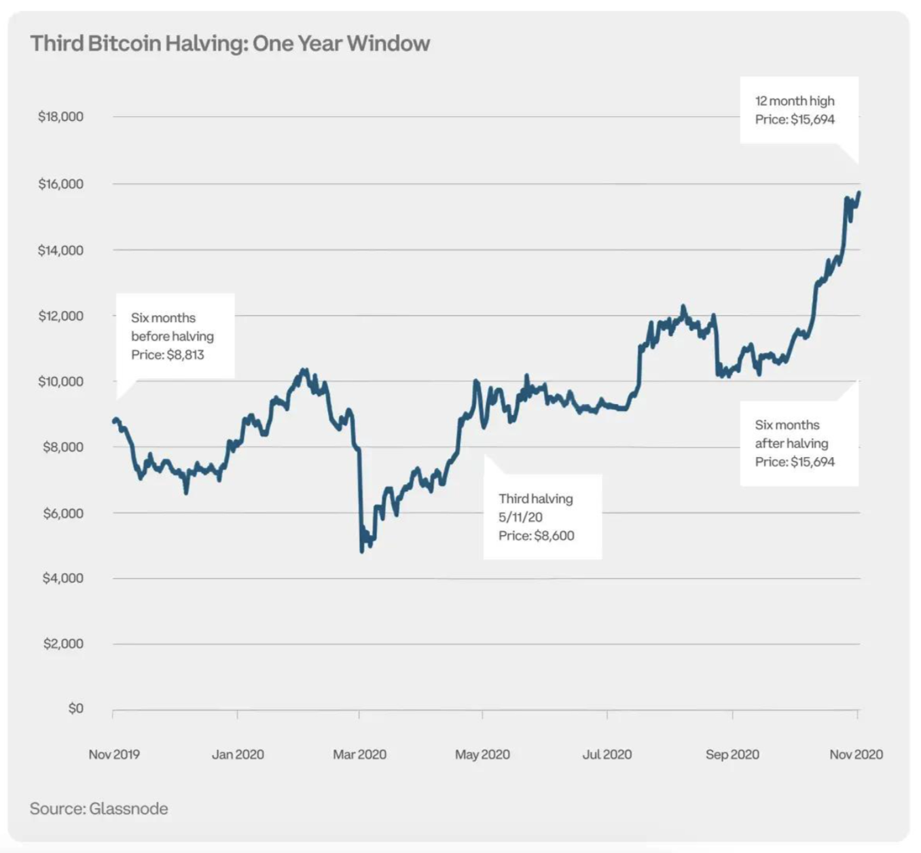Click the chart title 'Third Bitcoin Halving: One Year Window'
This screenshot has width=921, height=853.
(230, 43)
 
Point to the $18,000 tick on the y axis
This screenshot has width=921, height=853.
(60, 117)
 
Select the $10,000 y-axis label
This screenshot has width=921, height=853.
(60, 382)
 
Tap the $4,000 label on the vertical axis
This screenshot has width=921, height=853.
(62, 579)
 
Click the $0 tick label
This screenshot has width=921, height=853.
(75, 708)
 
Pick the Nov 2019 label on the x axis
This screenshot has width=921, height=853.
(114, 755)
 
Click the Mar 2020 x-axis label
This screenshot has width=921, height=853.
(359, 755)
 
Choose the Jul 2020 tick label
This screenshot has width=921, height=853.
(607, 755)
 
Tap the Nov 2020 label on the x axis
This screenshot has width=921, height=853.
(856, 755)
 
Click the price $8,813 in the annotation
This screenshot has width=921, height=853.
(185, 355)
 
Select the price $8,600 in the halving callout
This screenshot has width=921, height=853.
(554, 536)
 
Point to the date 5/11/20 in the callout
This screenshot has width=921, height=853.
(520, 518)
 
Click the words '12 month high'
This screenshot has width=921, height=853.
(795, 101)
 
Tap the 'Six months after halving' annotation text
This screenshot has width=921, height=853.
(791, 434)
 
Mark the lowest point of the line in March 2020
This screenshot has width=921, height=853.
(361, 551)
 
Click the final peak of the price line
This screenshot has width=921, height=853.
(859, 193)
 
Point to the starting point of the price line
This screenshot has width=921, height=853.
(114, 421)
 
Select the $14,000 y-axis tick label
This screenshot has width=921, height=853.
(60, 251)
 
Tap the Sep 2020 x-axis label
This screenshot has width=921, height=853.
(732, 755)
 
